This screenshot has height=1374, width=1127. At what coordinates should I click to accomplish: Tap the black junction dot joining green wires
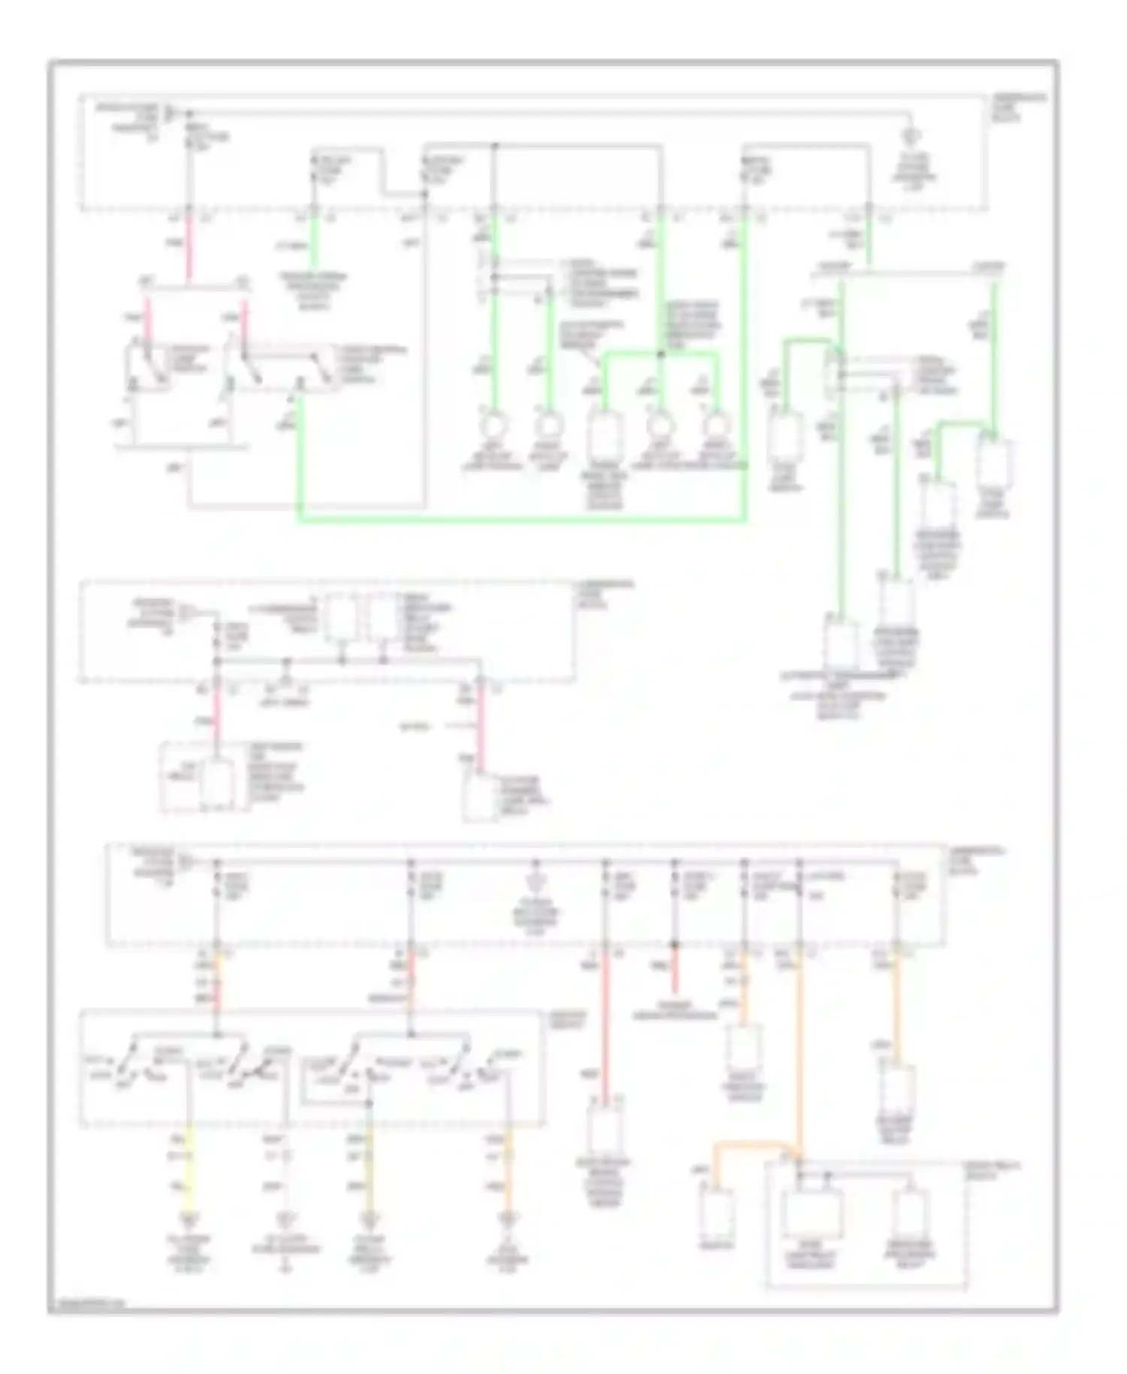coord(660,353)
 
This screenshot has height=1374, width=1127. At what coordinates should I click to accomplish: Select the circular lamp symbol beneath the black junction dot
coord(660,425)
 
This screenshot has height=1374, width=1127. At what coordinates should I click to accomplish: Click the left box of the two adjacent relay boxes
coord(342,618)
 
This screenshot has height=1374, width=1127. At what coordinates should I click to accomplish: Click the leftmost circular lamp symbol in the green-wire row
coord(494,425)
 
